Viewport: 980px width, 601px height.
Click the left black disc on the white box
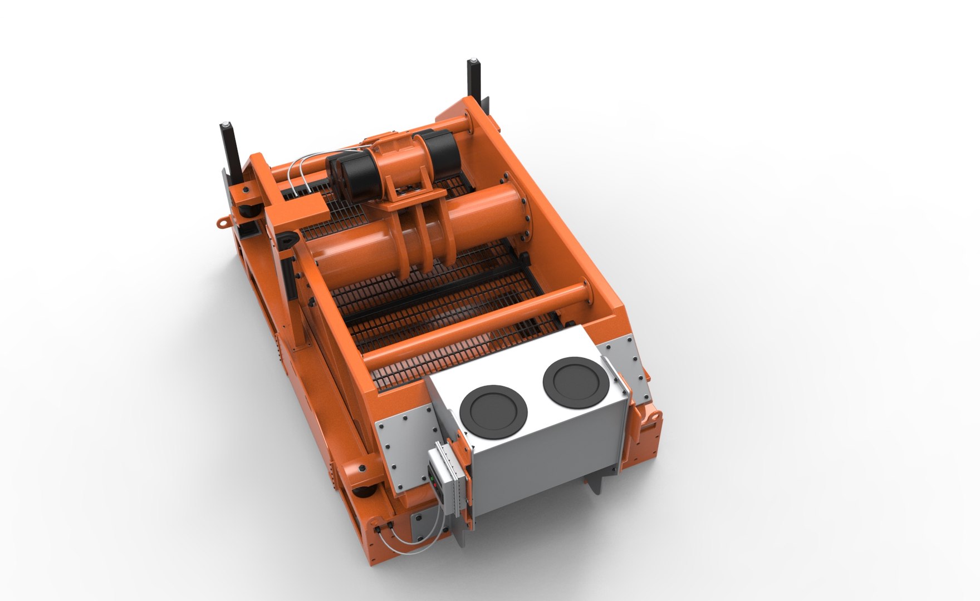click(x=493, y=411)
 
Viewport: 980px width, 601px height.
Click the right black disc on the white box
click(x=573, y=381)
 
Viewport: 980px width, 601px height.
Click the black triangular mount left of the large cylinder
click(x=287, y=240)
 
